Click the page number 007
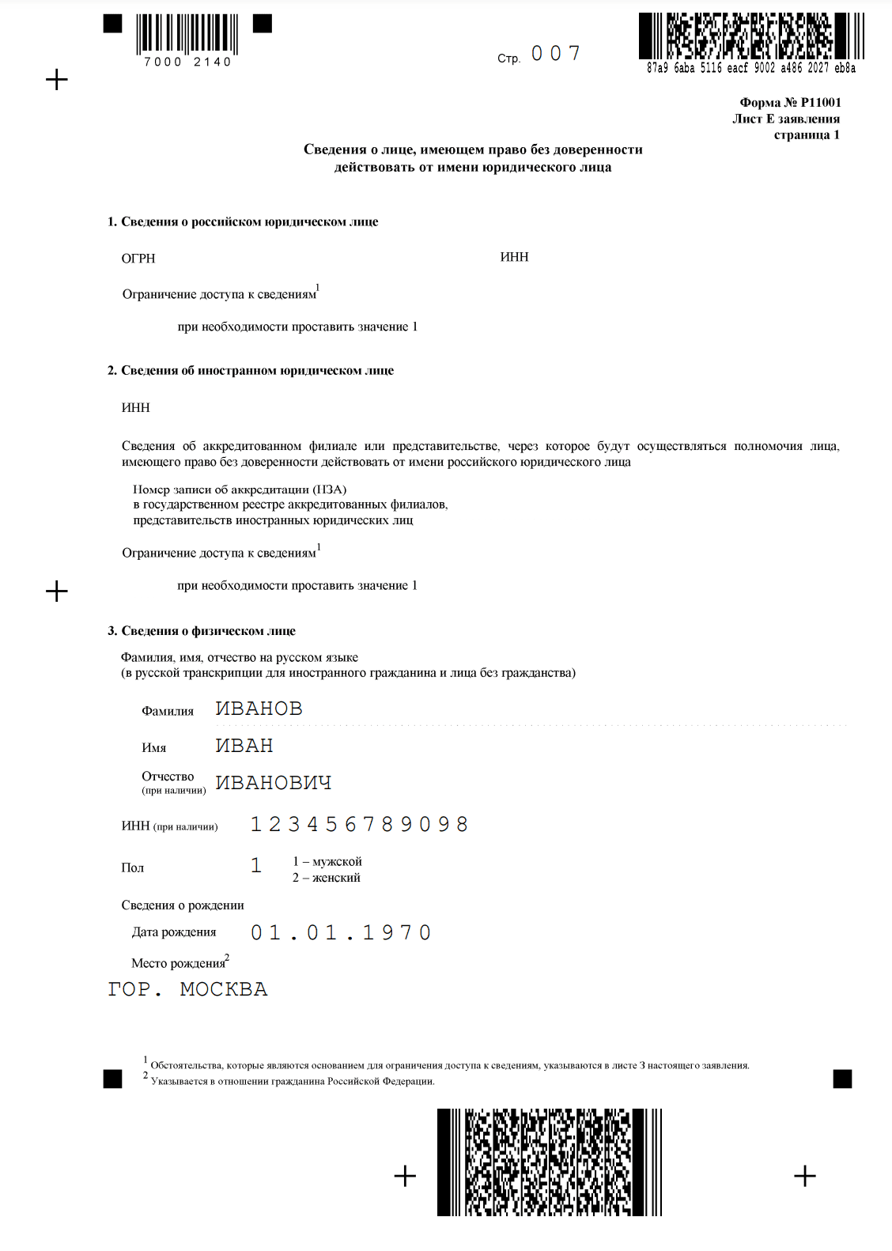coord(556,54)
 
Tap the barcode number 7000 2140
coord(187,62)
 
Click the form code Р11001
coord(821,102)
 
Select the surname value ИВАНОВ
coord(259,709)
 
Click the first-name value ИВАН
coord(244,746)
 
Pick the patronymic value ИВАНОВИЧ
coord(274,783)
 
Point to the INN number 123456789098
coord(360,825)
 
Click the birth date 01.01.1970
coord(341,933)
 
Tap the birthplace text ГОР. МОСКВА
coord(187,989)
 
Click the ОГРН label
coord(138,259)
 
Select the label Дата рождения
coord(174,932)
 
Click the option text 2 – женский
coord(327,878)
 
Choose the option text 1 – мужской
coord(327,861)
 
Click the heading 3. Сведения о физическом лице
coord(202,631)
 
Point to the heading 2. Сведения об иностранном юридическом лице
coord(251,370)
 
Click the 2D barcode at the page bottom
coord(550,1162)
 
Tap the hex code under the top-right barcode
coord(751,68)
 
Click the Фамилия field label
coord(168,711)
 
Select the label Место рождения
coord(179,963)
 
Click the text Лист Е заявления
coord(786,119)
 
